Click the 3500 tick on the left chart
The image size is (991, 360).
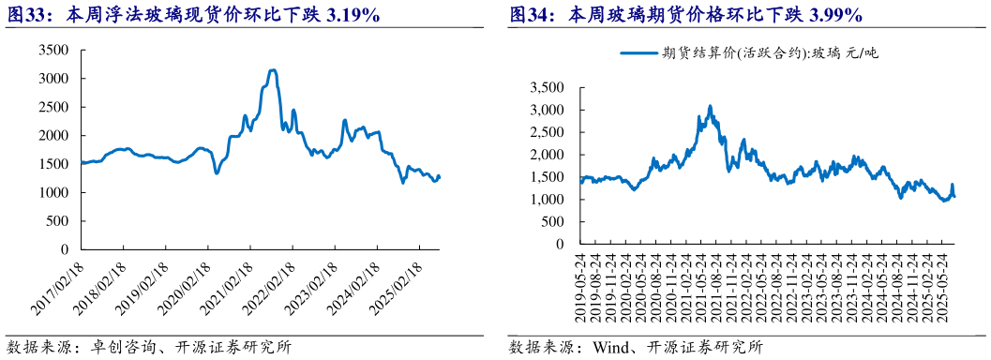53,51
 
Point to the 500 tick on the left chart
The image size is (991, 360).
58,221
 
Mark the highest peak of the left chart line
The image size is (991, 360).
272,70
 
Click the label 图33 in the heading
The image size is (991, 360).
25,15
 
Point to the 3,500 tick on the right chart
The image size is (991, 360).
546,88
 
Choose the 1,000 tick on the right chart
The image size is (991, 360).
546,200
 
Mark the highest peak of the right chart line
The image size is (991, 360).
710,106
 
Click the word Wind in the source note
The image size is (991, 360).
608,347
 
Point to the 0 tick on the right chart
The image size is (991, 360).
559,245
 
